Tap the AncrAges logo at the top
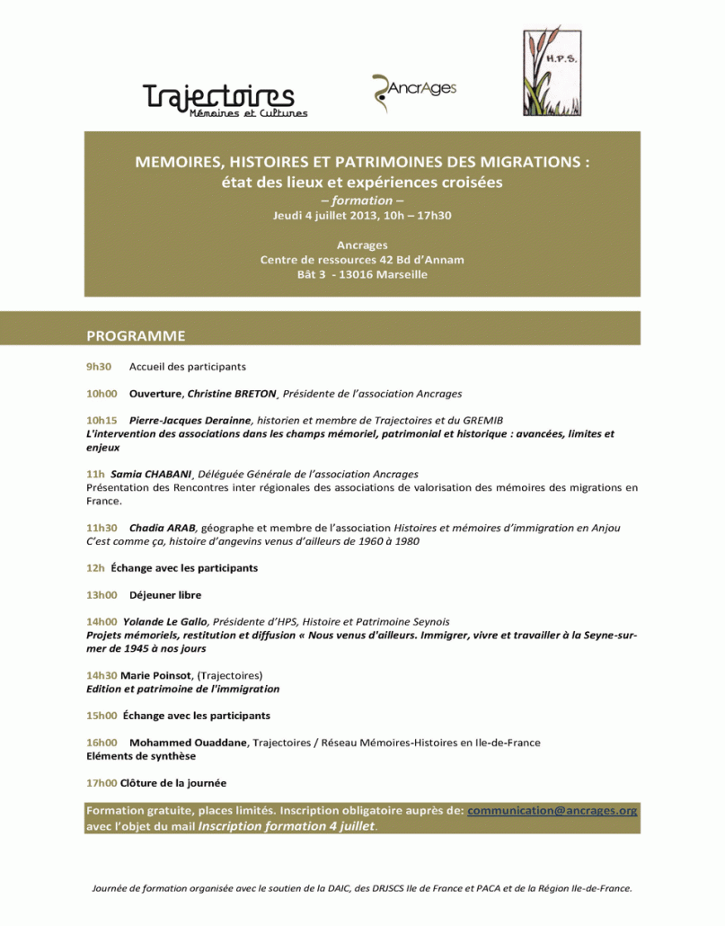coord(414,91)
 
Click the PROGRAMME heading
coord(136,336)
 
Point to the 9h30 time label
coord(99,367)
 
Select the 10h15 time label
coord(102,420)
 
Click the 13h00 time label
coord(102,595)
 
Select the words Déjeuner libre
coord(165,595)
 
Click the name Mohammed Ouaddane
coord(189,743)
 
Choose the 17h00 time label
coord(101,782)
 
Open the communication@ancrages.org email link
coord(553,810)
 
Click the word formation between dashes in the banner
coord(362,200)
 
